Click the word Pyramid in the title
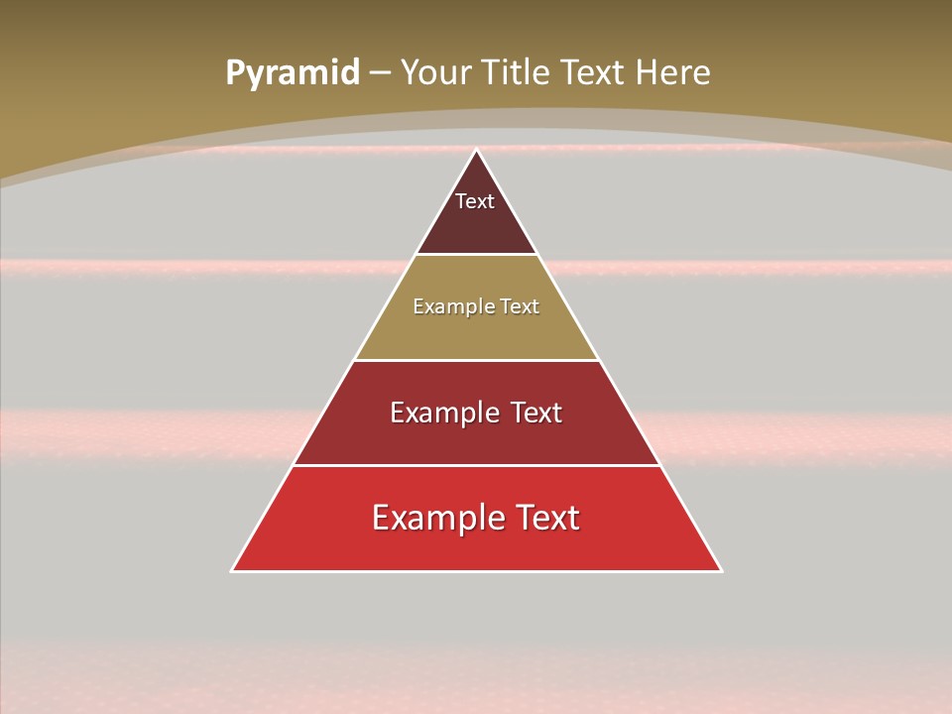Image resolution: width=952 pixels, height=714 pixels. (293, 73)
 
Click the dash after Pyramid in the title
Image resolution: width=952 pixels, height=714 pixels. (380, 73)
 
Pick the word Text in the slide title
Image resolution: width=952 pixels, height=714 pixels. (594, 72)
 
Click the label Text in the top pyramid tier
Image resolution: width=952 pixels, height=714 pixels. (475, 201)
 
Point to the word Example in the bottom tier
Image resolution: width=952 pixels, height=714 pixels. (432, 518)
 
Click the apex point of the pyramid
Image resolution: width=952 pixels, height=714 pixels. (477, 151)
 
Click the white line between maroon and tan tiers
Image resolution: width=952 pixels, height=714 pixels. (477, 255)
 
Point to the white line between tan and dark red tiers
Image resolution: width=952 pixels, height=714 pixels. (477, 360)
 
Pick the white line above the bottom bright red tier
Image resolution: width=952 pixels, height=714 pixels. (477, 465)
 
